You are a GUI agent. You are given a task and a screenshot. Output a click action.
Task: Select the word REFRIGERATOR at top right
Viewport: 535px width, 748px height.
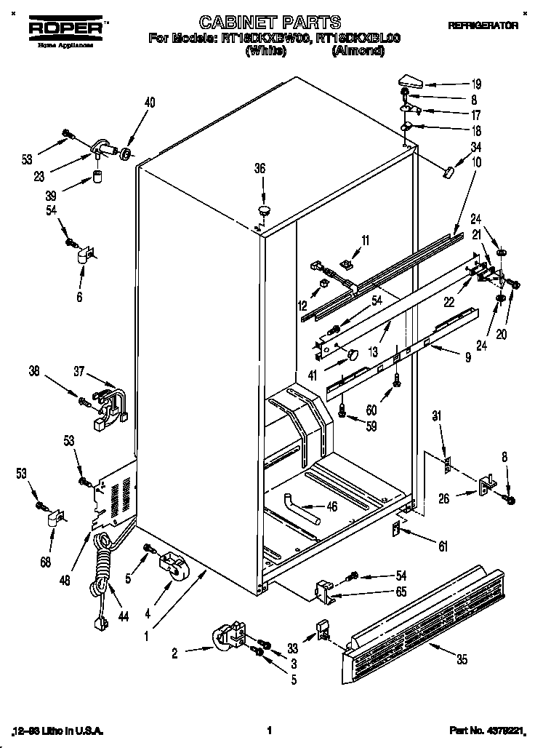click(x=483, y=25)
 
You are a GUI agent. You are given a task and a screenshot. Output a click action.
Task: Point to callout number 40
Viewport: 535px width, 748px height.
click(x=150, y=103)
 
